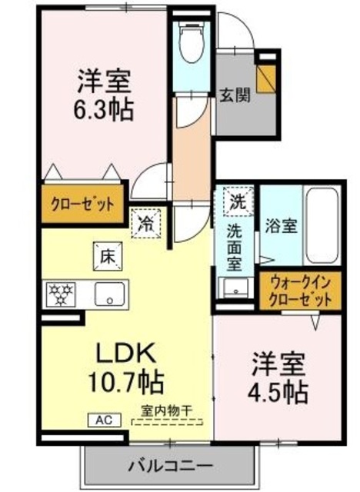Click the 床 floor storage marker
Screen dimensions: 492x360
point(106,257)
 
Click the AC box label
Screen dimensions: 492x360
point(102,420)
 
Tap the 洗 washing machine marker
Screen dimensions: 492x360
point(237,202)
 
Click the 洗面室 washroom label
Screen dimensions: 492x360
point(235,248)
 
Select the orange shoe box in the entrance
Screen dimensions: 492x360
point(267,77)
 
